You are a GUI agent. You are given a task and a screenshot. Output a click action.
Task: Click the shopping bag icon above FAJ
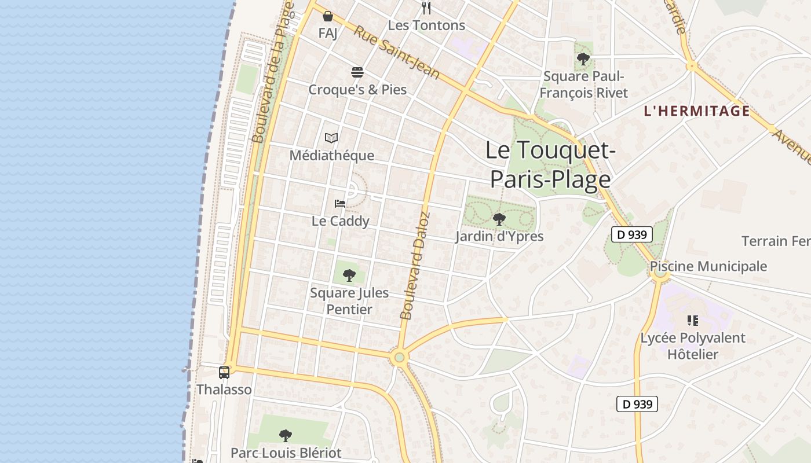tap(328, 16)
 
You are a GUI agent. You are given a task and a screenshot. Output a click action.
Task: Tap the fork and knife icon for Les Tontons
tap(427, 8)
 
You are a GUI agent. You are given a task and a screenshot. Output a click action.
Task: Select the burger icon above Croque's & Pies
tap(357, 72)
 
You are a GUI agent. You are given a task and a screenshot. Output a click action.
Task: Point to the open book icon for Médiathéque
tap(331, 138)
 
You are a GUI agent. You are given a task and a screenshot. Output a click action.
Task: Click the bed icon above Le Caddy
tap(340, 204)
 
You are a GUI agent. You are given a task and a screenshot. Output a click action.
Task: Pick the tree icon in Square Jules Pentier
tap(349, 275)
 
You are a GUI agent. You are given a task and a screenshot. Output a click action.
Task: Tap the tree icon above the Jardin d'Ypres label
tap(499, 219)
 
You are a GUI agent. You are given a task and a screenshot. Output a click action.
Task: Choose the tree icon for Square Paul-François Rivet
tap(583, 58)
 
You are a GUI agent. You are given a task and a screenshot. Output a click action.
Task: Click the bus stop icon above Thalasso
tap(224, 372)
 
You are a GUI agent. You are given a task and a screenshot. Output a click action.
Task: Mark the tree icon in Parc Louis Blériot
tap(285, 435)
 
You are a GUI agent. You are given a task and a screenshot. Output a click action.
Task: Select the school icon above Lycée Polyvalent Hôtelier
tap(692, 320)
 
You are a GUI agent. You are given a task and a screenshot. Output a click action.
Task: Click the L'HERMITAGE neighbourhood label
tap(697, 111)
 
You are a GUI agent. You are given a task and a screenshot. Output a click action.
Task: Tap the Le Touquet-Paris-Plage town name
tap(550, 164)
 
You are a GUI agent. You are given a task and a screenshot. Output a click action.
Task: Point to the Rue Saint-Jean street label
tap(397, 52)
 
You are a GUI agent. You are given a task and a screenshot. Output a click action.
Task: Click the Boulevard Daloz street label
tap(415, 266)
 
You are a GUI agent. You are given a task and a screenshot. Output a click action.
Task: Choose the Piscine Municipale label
tap(708, 266)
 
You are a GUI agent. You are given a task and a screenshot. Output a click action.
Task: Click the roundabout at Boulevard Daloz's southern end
tap(399, 357)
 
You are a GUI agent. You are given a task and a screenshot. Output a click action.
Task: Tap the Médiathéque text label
tap(331, 156)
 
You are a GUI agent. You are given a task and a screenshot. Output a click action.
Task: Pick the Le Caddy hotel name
tap(340, 221)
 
